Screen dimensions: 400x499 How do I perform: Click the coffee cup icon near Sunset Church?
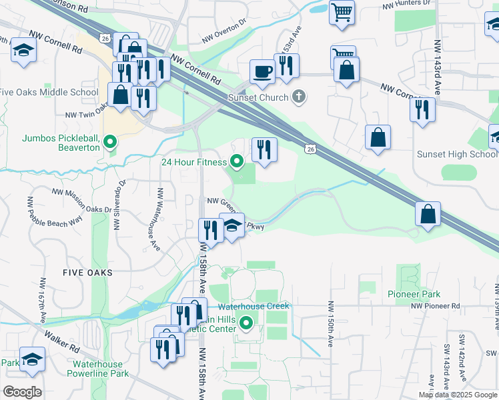pyautogui.click(x=262, y=71)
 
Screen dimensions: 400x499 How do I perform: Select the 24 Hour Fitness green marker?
pyautogui.click(x=236, y=161)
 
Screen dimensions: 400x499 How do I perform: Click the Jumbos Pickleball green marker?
pyautogui.click(x=111, y=141)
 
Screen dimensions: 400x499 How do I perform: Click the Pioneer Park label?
pyautogui.click(x=414, y=293)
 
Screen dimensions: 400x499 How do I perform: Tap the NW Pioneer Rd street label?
pyautogui.click(x=436, y=306)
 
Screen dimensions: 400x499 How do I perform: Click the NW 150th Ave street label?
pyautogui.click(x=330, y=323)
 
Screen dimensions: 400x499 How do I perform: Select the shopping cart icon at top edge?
pyautogui.click(x=341, y=11)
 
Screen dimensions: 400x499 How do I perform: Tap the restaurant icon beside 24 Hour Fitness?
pyautogui.click(x=264, y=149)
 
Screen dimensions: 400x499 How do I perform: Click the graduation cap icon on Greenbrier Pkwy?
pyautogui.click(x=231, y=225)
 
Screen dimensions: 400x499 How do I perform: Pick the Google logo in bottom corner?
pyautogui.click(x=21, y=392)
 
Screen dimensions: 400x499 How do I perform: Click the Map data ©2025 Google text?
pyautogui.click(x=458, y=395)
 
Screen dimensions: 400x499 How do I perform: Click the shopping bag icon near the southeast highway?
pyautogui.click(x=427, y=213)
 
